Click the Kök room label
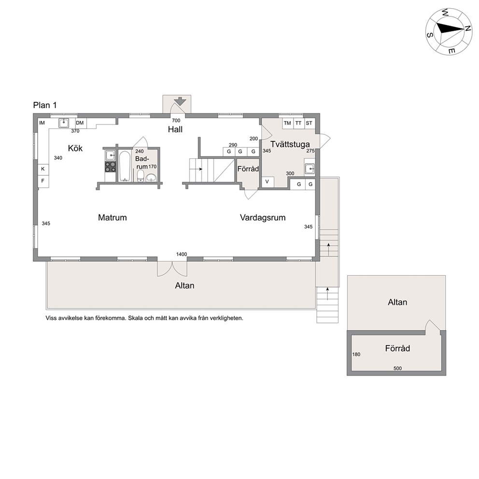click(x=75, y=148)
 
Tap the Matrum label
click(x=112, y=217)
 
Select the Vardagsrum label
click(x=263, y=218)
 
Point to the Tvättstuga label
click(x=290, y=144)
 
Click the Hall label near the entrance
click(x=175, y=129)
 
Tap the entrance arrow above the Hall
click(x=180, y=101)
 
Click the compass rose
click(x=449, y=32)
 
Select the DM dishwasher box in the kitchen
click(x=80, y=123)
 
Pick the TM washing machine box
click(x=287, y=124)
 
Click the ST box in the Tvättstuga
click(x=309, y=124)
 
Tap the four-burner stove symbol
click(x=110, y=167)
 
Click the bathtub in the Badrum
click(x=124, y=166)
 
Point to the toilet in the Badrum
click(x=141, y=175)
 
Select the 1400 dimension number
click(x=182, y=254)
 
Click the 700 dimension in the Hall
click(x=176, y=120)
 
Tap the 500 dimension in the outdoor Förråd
click(x=397, y=368)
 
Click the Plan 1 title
click(x=45, y=105)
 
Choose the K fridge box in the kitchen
click(x=43, y=169)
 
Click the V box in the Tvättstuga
click(x=268, y=182)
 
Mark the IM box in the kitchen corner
click(x=42, y=123)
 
